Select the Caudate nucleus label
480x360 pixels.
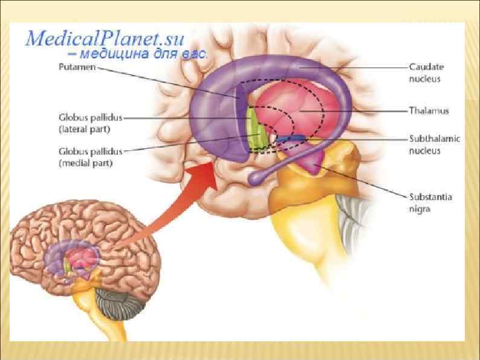pos(425,73)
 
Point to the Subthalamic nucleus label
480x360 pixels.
pos(434,145)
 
